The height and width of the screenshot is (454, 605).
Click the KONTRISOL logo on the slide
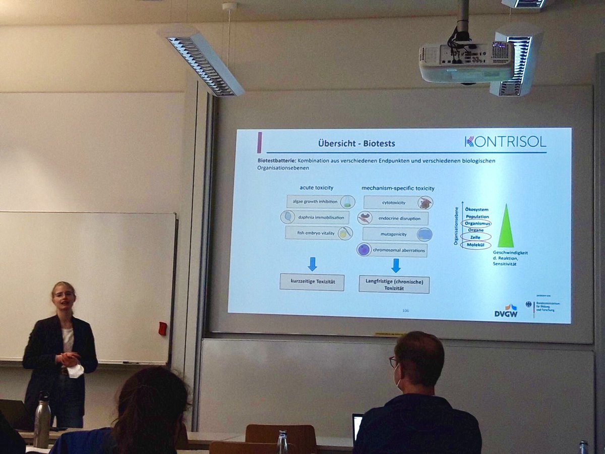click(x=505, y=142)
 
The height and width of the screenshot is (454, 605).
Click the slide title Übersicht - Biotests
click(x=356, y=143)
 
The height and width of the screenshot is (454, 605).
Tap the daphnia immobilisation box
click(x=315, y=217)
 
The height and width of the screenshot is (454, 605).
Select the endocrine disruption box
click(x=393, y=218)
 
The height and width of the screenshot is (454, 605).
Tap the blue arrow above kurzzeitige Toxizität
click(x=312, y=264)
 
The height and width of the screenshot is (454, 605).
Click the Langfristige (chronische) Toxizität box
click(x=394, y=284)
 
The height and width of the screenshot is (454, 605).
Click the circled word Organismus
click(x=476, y=223)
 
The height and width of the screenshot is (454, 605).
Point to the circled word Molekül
click(x=476, y=245)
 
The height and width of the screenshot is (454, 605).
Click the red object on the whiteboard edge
click(x=162, y=328)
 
